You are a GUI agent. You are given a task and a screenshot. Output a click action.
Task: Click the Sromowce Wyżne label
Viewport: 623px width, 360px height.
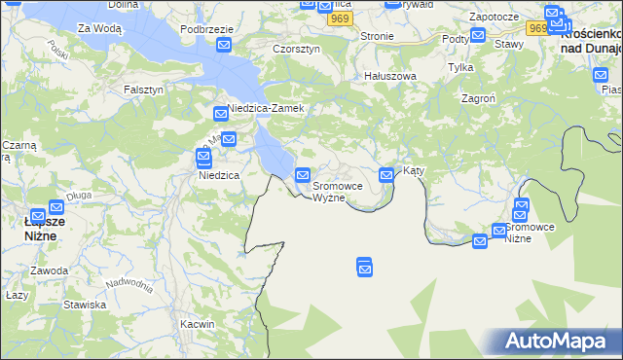click(344, 191)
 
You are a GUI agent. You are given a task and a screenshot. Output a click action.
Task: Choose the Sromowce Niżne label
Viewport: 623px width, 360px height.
click(531, 233)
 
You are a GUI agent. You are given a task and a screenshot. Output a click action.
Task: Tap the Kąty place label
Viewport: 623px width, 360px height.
click(415, 170)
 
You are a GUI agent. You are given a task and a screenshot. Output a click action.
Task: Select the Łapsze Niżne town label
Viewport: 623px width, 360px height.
click(44, 228)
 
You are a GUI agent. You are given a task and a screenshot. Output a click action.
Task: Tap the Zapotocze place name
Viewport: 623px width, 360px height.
click(493, 18)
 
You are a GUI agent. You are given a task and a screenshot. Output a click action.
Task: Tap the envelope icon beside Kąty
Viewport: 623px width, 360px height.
click(386, 175)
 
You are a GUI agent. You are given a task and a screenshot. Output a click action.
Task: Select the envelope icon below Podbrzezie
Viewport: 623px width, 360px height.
click(224, 45)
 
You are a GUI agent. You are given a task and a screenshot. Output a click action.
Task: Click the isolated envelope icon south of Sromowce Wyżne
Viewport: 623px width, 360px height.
click(365, 265)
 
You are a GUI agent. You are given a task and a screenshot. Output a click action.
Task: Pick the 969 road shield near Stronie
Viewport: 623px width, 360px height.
click(338, 19)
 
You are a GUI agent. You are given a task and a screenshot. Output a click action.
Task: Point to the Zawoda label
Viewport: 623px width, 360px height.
click(48, 270)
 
